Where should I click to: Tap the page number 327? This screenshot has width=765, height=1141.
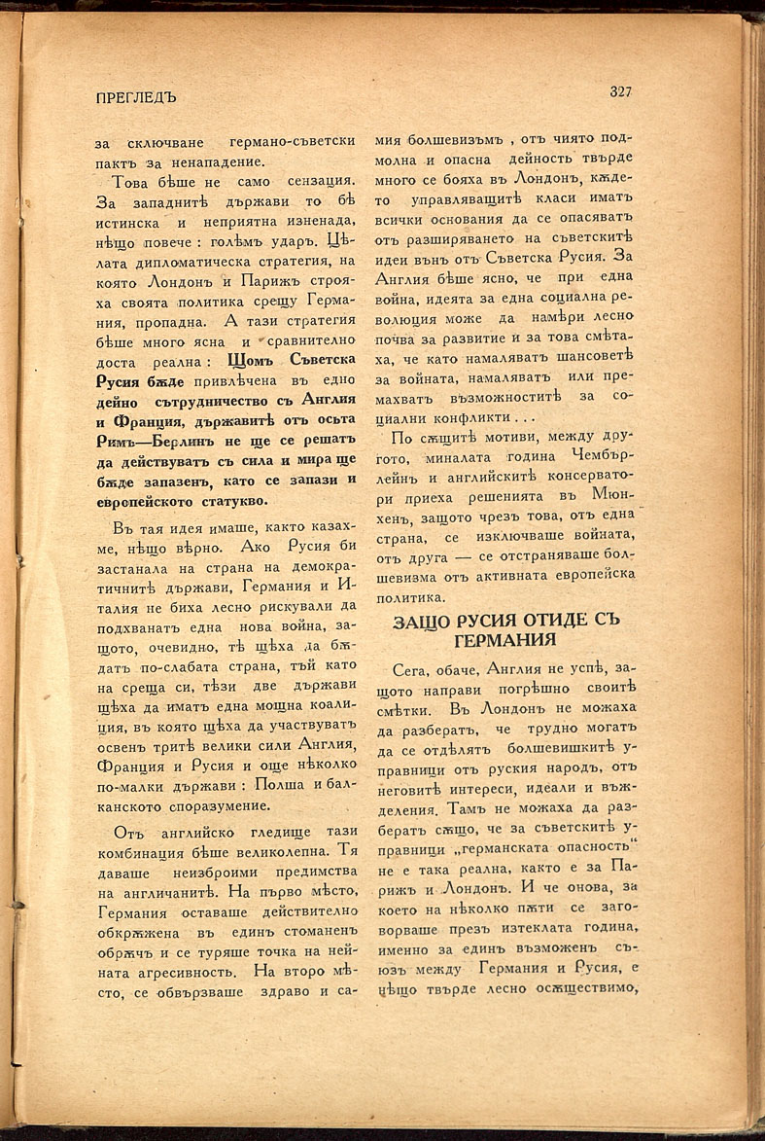620,92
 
